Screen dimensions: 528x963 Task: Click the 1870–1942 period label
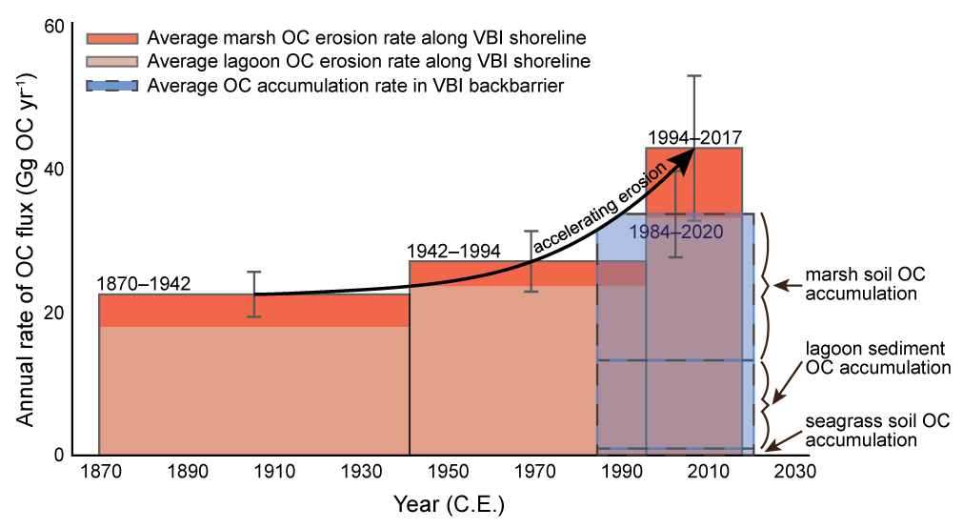143,284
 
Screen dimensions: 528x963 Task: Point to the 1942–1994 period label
453,251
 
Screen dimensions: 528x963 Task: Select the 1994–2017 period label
693,137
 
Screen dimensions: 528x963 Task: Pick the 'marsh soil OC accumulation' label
865,284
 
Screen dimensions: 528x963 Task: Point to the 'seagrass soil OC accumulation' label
877,431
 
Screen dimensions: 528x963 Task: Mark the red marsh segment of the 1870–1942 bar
254,311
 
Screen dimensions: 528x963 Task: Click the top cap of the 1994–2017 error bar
694,75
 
